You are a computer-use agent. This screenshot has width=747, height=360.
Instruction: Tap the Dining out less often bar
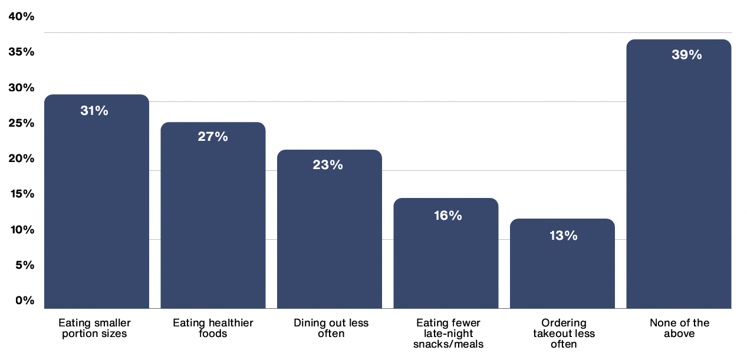click(x=330, y=229)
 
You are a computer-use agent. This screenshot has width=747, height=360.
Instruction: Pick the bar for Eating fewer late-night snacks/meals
click(x=446, y=253)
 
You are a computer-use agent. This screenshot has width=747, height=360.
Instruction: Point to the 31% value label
click(x=94, y=110)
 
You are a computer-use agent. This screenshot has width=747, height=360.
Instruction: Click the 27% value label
click(x=213, y=137)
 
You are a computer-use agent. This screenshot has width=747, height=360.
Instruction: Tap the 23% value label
click(x=328, y=165)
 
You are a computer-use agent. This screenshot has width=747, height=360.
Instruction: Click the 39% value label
click(x=687, y=55)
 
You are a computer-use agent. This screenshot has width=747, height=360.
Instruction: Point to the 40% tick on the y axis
click(x=22, y=16)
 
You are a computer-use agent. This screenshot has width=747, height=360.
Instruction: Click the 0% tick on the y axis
click(x=25, y=300)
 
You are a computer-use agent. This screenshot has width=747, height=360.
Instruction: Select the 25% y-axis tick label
click(x=22, y=123)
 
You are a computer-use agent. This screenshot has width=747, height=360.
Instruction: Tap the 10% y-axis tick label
click(x=22, y=230)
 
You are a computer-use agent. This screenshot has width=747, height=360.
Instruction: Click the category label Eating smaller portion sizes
click(x=94, y=328)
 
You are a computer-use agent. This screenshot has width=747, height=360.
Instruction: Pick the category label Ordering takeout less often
click(x=564, y=333)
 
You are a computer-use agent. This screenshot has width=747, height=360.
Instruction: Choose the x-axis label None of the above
click(x=679, y=328)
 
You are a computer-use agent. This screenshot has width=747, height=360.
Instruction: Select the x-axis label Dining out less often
click(x=331, y=328)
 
